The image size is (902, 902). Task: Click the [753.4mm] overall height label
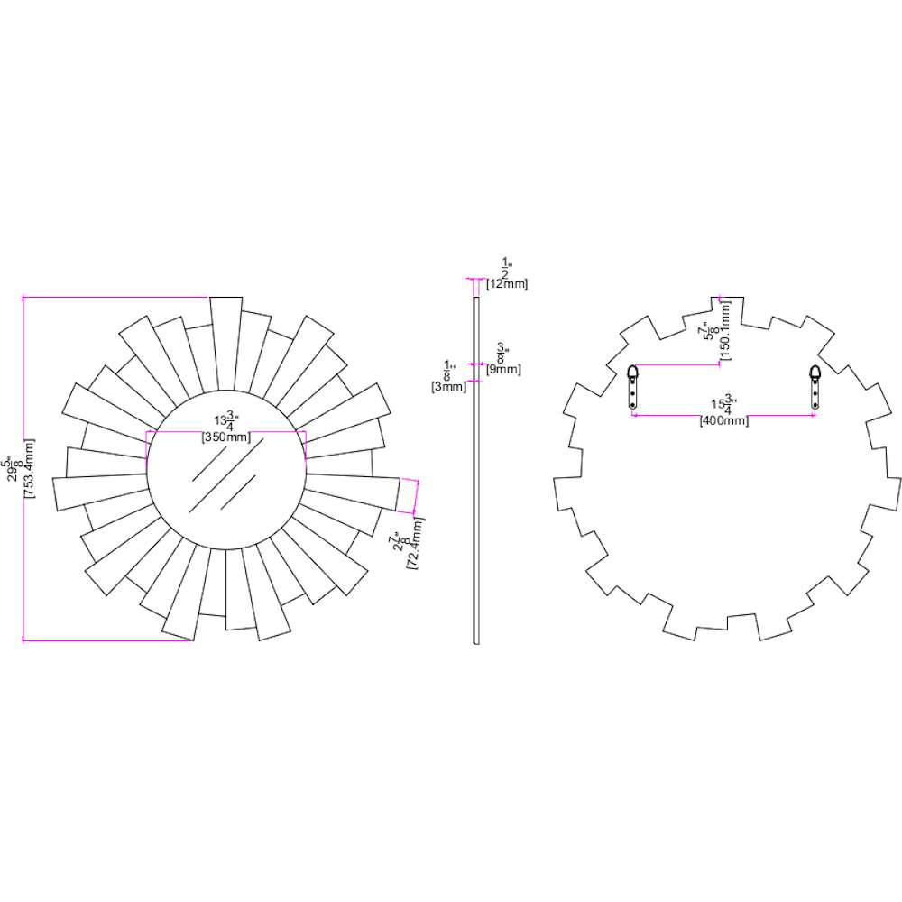pos(30,468)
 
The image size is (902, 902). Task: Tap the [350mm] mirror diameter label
pos(226,437)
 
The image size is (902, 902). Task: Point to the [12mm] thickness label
pos(507,283)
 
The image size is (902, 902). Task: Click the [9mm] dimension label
pos(503,369)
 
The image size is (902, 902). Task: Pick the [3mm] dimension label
pos(448,387)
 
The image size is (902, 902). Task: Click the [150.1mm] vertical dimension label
pos(725,331)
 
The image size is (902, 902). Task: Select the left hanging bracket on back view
pos(632,387)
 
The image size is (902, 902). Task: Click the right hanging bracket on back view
pos(815,387)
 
